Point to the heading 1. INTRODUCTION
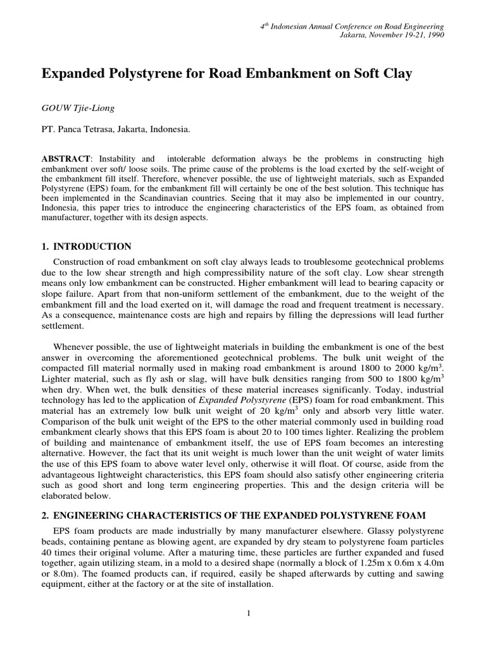tap(86, 247)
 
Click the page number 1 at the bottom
tap(249, 613)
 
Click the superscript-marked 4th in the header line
tap(267, 25)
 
